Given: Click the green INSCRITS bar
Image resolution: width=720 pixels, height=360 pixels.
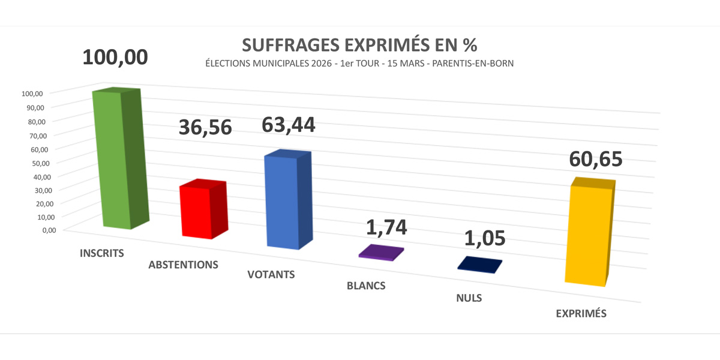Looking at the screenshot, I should tap(117, 159).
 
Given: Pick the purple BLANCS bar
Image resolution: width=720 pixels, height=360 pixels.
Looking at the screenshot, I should tap(381, 253).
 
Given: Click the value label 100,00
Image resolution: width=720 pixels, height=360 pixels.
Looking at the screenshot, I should tap(115, 58).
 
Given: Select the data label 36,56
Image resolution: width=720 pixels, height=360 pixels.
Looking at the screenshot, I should tap(205, 127).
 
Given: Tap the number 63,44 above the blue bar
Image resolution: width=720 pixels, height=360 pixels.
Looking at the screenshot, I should tap(288, 124).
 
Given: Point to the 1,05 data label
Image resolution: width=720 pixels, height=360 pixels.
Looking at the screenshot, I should tap(485, 238).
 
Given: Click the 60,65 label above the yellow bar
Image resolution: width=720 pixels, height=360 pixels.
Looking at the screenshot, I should tap(595, 160).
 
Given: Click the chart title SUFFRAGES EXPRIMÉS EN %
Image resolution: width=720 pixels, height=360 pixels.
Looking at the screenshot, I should tap(360, 46).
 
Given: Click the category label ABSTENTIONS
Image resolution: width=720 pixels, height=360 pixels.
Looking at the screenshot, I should tap(183, 265).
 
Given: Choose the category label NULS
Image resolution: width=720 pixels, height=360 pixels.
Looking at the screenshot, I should tap(469, 298).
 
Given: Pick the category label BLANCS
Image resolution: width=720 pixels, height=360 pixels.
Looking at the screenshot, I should tap(366, 286).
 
